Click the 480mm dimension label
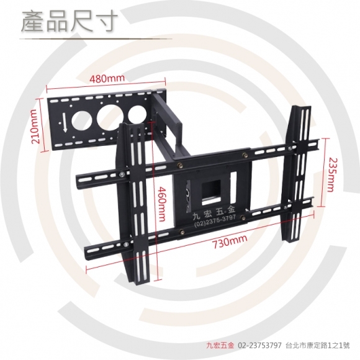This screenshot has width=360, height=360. [107, 78]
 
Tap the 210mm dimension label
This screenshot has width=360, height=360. [37, 127]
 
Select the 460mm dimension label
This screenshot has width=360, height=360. [161, 204]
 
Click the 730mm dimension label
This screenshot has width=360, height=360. [230, 241]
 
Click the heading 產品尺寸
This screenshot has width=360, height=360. [70, 22]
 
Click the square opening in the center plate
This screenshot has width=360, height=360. [212, 192]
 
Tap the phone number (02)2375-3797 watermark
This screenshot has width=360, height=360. [215, 221]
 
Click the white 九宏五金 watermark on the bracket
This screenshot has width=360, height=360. [214, 213]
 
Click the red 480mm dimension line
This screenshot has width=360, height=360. [106, 84]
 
